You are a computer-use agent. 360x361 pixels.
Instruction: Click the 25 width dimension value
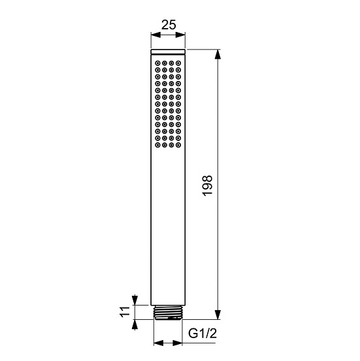169,25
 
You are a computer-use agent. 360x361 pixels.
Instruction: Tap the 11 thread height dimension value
122,311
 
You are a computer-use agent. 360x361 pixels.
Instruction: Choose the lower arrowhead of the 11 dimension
135,324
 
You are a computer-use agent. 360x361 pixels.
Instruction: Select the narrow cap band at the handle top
168,50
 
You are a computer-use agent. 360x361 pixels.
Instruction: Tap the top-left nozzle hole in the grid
158,64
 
